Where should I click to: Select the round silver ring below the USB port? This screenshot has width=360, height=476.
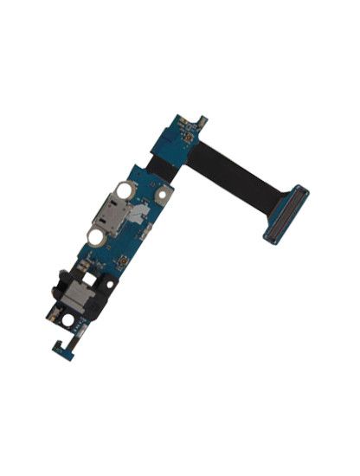pos(94,235)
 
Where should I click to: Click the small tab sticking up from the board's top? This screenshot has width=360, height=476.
pos(201,116)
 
